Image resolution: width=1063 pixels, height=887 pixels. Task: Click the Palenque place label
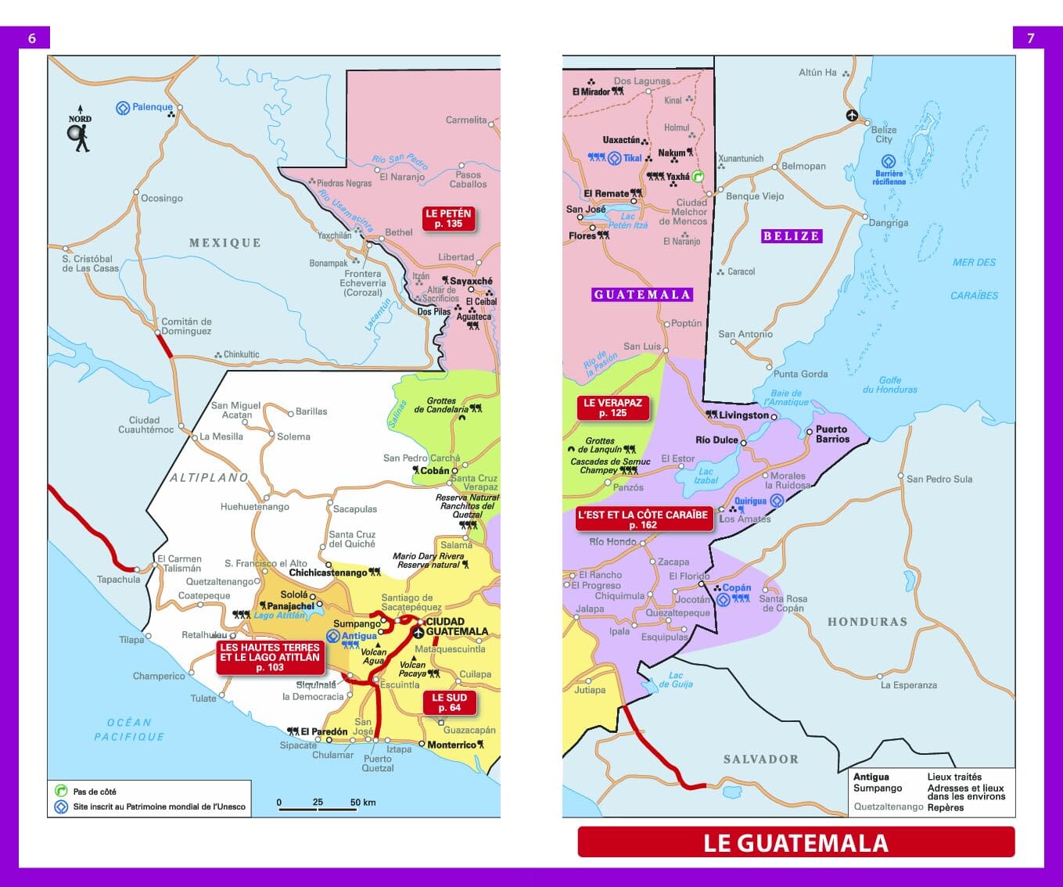152,107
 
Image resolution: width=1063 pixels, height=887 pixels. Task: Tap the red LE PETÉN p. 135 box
448,218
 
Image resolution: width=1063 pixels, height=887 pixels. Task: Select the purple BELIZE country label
791,235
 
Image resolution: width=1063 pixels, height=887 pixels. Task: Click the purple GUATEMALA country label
641,294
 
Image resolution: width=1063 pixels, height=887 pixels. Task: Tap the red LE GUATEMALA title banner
795,842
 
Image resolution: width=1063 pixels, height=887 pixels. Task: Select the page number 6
32,38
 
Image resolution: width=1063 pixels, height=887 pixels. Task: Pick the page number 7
1030,38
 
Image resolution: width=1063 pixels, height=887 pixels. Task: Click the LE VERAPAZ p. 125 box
612,408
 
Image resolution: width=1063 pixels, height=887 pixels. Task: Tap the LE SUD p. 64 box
449,702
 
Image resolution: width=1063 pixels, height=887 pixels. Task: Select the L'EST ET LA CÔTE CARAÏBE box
642,519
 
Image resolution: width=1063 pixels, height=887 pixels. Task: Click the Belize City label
884,135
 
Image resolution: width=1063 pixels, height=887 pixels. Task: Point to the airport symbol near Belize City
852,116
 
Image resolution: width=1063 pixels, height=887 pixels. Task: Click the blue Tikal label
632,158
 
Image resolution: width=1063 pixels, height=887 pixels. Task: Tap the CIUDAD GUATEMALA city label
457,627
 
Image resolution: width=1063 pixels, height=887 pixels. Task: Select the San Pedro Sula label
939,479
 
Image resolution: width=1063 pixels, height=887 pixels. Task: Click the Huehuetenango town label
255,507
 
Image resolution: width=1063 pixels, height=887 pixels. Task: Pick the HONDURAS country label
867,622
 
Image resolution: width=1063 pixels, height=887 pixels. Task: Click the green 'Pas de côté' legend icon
61,791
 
